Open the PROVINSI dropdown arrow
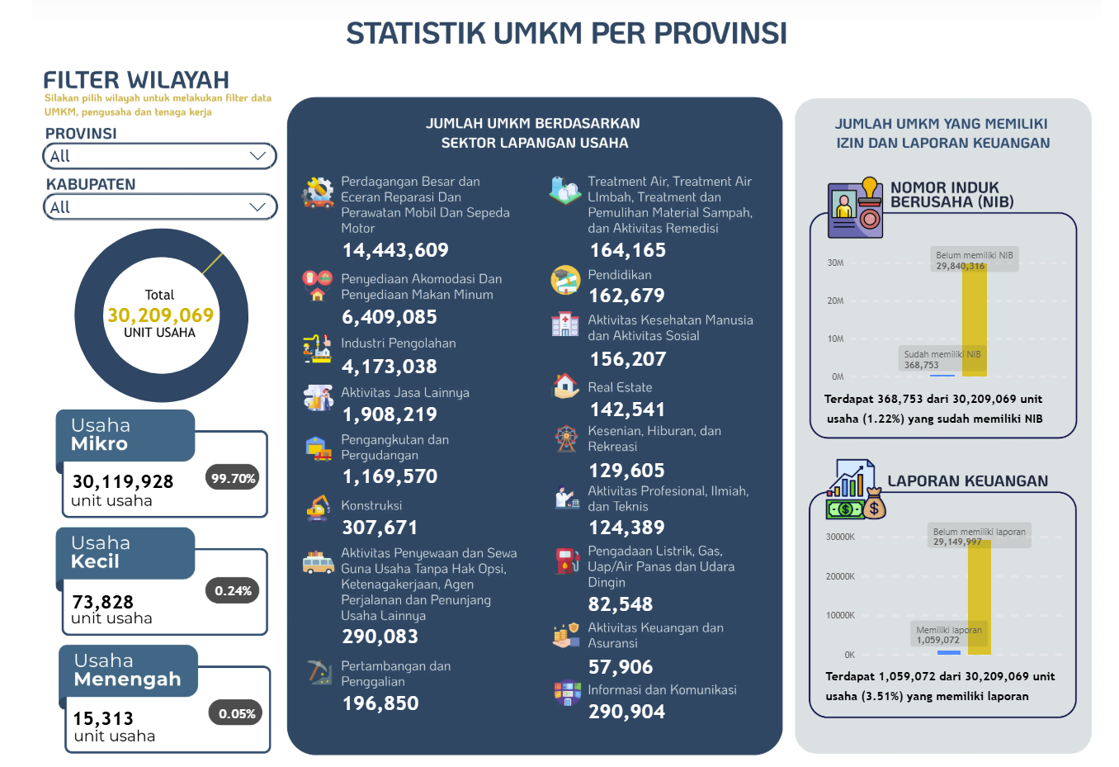point(257,156)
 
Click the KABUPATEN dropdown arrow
point(257,207)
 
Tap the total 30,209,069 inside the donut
point(160,315)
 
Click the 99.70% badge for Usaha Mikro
point(232,478)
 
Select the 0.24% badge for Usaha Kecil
point(232,590)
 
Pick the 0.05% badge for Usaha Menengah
point(236,713)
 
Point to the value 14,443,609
point(395,250)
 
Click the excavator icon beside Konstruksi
point(319,508)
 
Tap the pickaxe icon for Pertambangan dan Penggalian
point(319,671)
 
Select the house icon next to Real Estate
point(565,386)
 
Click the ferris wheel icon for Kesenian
point(566,438)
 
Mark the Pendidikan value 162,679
point(627,296)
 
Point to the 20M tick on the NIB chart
point(835,301)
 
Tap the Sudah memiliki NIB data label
point(942,359)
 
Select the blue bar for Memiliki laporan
point(949,652)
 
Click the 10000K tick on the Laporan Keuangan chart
point(840,615)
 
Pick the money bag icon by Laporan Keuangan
point(874,504)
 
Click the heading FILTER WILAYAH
point(136,80)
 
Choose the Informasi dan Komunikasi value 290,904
point(626,712)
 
